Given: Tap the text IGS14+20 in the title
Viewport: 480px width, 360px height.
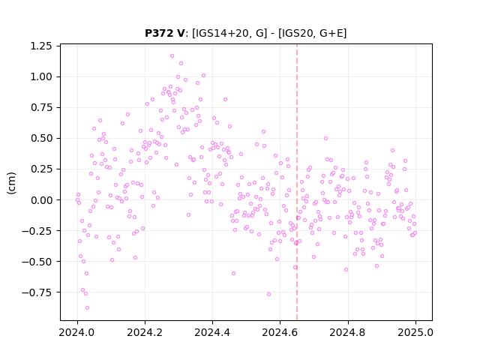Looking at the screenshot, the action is tap(220, 33).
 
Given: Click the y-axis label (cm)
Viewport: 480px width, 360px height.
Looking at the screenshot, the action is tap(12, 183).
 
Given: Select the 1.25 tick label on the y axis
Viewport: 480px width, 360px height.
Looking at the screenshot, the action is tap(41, 46).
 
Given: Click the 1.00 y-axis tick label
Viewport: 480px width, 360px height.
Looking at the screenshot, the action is tap(41, 76).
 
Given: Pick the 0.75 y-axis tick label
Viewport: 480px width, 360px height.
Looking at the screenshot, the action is tap(41, 108).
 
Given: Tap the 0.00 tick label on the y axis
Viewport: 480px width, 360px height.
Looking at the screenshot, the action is tap(41, 200).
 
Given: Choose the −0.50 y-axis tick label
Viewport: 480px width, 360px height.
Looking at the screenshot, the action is tap(37, 262).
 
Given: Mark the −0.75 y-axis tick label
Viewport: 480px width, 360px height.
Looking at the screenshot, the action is tap(37, 292).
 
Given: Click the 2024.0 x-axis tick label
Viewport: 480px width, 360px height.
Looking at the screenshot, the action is tap(77, 332).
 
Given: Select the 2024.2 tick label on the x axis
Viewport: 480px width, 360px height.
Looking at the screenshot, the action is tap(145, 332).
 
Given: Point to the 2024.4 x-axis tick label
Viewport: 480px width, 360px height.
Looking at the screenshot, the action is tap(212, 332).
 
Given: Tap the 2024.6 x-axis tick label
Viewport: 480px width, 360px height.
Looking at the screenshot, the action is tap(280, 332).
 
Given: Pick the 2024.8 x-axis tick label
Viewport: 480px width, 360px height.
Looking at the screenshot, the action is tap(348, 332).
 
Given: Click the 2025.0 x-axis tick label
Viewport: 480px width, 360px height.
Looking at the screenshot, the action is tap(415, 332).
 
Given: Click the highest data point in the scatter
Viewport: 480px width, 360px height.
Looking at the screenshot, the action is tap(172, 56).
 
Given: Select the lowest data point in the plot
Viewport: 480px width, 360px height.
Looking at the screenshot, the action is tap(87, 308).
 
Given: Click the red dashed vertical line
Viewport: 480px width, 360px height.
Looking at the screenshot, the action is tap(297, 182).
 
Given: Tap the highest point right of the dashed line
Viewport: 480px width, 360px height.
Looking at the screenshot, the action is tap(325, 138).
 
